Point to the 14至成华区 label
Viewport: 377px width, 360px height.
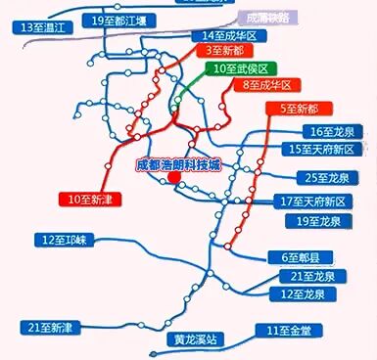(225, 35)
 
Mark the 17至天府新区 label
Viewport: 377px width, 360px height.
(320, 201)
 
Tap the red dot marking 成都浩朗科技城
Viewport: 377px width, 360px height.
(173, 179)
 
